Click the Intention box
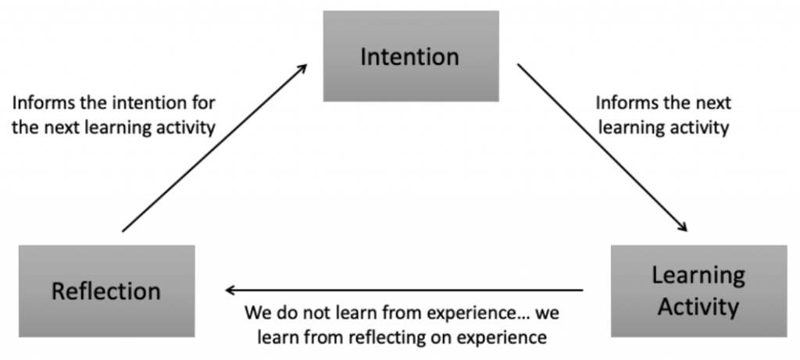pos(411,56)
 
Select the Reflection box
pos(106,290)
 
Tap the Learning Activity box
pos(698,290)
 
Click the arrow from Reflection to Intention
pos(215,148)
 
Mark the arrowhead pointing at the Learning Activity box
pos(682,226)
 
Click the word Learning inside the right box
pos(698,276)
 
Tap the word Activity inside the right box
pos(698,306)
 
